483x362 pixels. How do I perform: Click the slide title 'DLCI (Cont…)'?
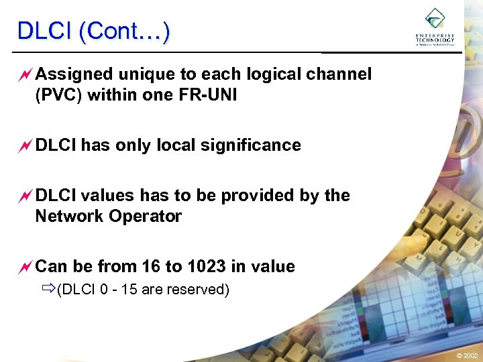coord(93,31)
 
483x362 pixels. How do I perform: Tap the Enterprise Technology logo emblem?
coord(435,19)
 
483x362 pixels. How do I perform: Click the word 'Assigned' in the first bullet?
coord(71,74)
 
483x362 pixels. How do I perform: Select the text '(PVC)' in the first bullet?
coord(58,95)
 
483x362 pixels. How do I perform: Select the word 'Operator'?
coord(148,217)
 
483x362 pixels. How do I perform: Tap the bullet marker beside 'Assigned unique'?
coord(25,74)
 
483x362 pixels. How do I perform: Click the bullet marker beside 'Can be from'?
coord(25,267)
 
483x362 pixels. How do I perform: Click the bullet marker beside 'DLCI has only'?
coord(25,145)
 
